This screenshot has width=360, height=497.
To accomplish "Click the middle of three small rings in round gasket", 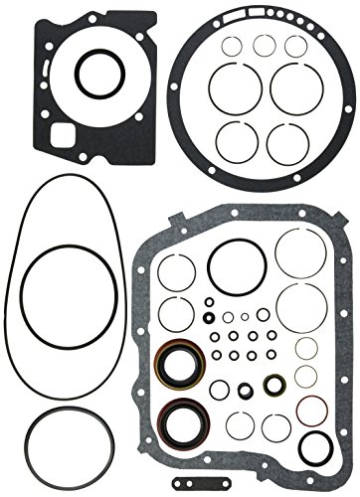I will [x=265, y=44].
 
